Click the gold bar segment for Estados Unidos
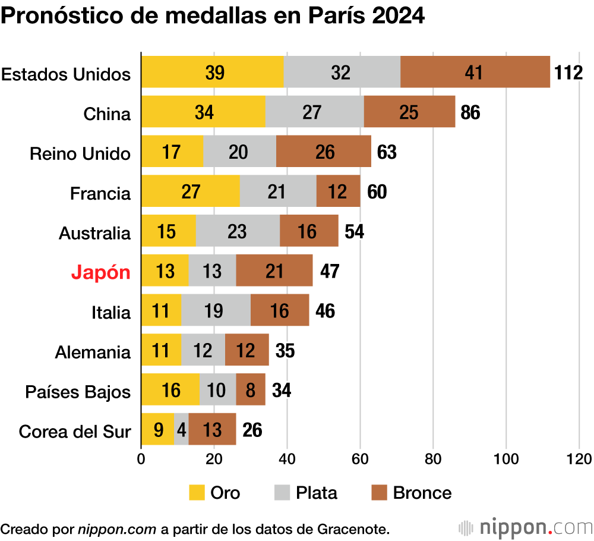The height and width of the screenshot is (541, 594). (x=212, y=72)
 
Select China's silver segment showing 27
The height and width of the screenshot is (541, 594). (x=314, y=112)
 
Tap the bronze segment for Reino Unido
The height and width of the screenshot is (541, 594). (x=324, y=152)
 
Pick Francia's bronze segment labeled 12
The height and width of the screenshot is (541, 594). (x=338, y=191)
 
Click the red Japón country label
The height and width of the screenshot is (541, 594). (x=100, y=272)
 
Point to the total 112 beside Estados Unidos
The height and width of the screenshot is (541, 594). (x=568, y=72)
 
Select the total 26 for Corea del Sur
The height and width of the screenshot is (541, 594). (x=252, y=430)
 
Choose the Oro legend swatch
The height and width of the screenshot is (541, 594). (x=197, y=493)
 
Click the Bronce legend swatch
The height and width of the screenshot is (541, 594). (x=378, y=493)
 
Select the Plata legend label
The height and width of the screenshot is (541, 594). (x=317, y=493)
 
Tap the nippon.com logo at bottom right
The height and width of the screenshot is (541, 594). (x=526, y=527)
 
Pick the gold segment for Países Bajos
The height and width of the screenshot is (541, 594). (x=170, y=391)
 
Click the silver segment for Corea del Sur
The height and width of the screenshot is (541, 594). (x=181, y=429)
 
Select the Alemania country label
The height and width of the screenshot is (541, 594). (x=93, y=351)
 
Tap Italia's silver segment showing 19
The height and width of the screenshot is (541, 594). (x=216, y=311)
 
